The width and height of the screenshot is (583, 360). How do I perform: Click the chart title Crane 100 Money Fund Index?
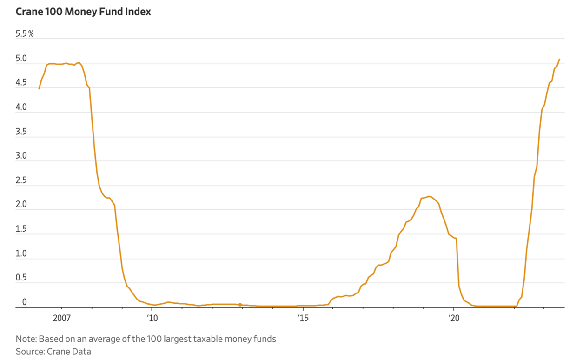(x=83, y=12)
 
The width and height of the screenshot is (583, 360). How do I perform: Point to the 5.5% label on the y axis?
(x=25, y=34)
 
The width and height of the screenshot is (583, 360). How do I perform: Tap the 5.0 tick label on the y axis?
(x=21, y=59)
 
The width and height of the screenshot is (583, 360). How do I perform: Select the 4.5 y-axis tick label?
(x=21, y=83)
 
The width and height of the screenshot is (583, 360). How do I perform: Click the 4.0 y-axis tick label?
(x=21, y=107)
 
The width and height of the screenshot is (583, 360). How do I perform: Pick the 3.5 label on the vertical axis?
(x=21, y=132)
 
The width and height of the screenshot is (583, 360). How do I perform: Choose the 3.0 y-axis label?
(x=21, y=156)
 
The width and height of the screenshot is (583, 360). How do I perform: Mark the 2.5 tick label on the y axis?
(x=21, y=181)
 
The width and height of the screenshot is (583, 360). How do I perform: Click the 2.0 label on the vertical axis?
(x=21, y=205)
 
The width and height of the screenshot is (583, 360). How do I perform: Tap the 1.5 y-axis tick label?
(x=21, y=230)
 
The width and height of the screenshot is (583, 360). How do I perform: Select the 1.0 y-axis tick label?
(x=21, y=254)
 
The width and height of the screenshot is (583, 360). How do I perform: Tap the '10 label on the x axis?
(x=152, y=318)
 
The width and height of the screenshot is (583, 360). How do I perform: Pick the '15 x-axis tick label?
(x=303, y=318)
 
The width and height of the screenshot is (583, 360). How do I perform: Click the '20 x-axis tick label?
(x=454, y=318)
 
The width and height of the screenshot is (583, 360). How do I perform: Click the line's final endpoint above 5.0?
(x=559, y=59)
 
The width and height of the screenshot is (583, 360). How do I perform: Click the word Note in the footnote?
(x=25, y=339)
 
